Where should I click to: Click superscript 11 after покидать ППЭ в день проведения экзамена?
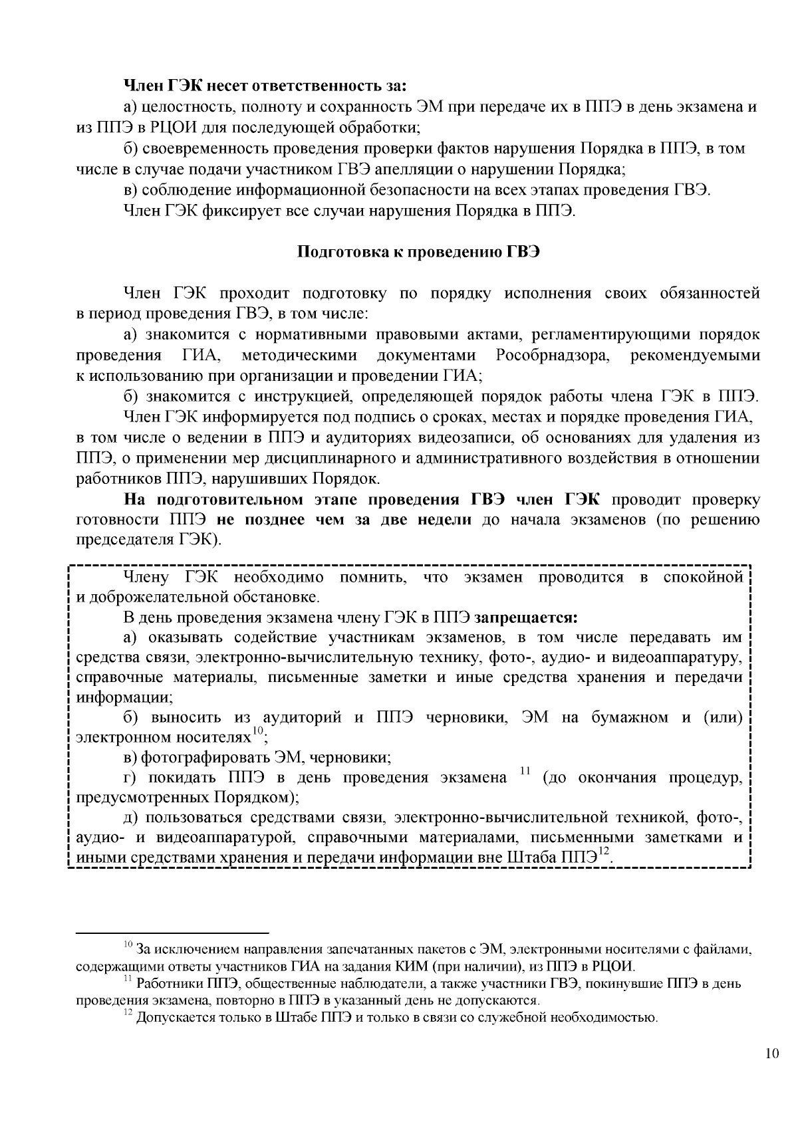coord(524,771)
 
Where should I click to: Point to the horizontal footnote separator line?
coord(173,933)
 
